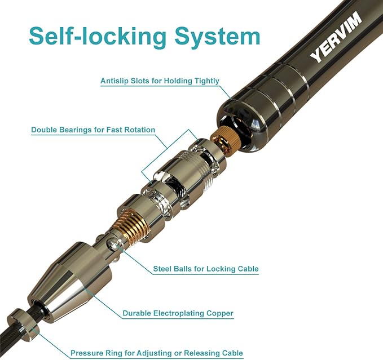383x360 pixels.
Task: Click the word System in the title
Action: pyautogui.click(x=218, y=37)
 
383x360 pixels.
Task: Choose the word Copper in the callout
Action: pyautogui.click(x=220, y=313)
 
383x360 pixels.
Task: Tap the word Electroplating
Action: pyautogui.click(x=179, y=313)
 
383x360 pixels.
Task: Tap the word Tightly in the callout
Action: pyautogui.click(x=206, y=81)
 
